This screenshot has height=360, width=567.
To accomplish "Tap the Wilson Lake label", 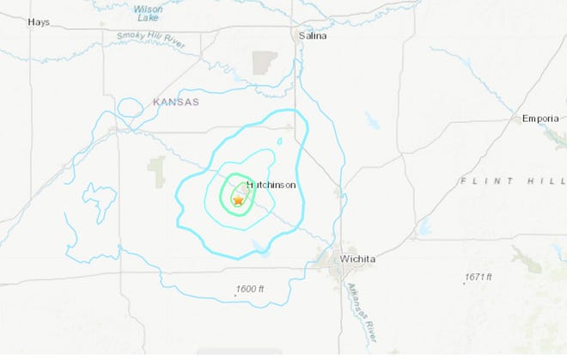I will [x=148, y=14].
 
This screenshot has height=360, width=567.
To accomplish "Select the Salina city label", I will [x=313, y=36].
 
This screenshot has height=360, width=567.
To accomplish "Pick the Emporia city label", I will [x=540, y=119].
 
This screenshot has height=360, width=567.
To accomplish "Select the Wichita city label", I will [x=358, y=259].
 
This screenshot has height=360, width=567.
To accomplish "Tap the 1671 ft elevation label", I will [x=476, y=277].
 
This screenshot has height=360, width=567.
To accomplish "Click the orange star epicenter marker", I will [x=238, y=199].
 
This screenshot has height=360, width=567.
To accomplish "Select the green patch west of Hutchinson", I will [x=156, y=172].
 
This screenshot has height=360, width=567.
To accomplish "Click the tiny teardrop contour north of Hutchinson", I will [x=279, y=142].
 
